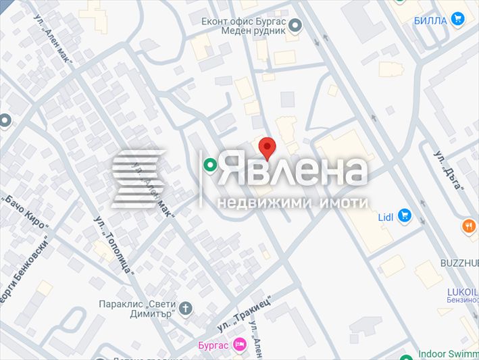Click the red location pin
268,147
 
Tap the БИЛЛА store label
430,20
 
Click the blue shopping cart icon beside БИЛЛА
459,19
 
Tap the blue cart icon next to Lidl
405,215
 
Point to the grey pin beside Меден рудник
295,27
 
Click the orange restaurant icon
469,226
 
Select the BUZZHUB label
459,261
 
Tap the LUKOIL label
462,292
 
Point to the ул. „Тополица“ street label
114,244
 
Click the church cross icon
186,309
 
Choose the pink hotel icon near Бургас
239,345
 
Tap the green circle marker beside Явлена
211,164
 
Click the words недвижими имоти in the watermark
293,202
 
